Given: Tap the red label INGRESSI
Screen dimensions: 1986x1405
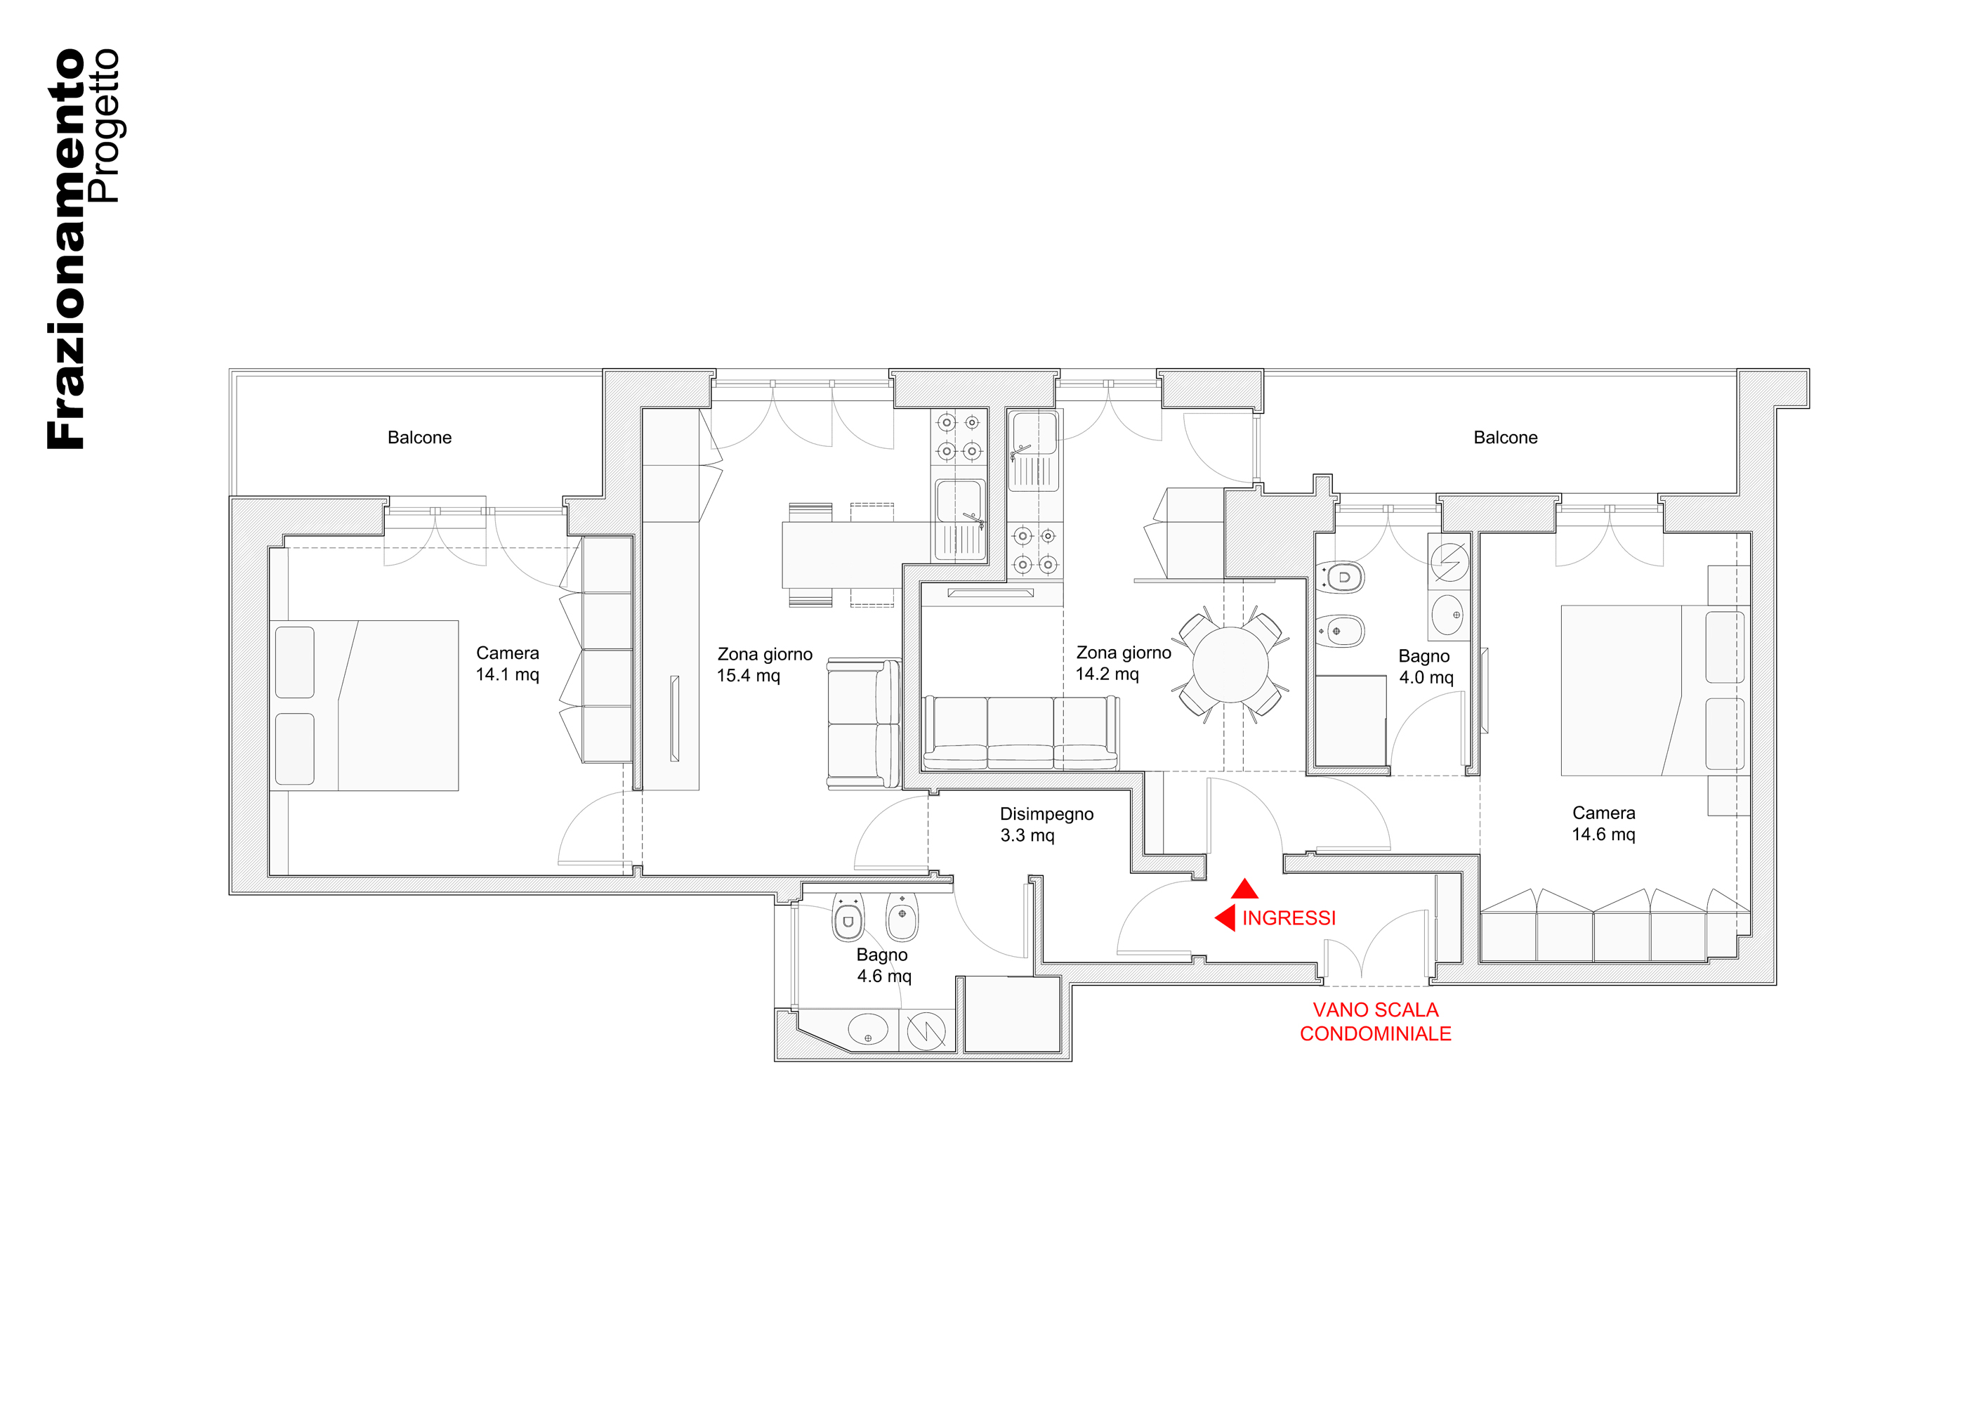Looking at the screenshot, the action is (x=1289, y=918).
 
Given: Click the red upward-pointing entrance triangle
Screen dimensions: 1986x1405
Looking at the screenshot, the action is (x=1244, y=889).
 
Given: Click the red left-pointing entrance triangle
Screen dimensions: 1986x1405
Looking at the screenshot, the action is (x=1225, y=918).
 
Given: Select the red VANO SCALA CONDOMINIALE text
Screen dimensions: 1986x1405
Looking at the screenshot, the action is (x=1375, y=1021).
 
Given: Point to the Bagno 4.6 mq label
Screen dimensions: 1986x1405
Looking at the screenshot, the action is (x=883, y=965).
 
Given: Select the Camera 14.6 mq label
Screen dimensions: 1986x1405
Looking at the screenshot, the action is (x=1604, y=823).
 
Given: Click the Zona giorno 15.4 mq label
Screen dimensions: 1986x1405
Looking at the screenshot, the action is (x=765, y=665).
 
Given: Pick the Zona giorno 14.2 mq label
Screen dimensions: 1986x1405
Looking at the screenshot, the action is (x=1124, y=662).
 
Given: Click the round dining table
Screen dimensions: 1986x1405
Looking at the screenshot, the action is (x=1230, y=665).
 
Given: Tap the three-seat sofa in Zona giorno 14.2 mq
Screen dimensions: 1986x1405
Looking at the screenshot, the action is (x=1020, y=732).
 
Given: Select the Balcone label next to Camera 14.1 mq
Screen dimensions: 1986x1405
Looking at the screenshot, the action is (x=419, y=438).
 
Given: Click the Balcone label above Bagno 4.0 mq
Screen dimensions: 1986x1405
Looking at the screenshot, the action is (x=1505, y=438).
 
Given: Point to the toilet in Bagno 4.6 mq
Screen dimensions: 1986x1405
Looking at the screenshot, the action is (x=848, y=918).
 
